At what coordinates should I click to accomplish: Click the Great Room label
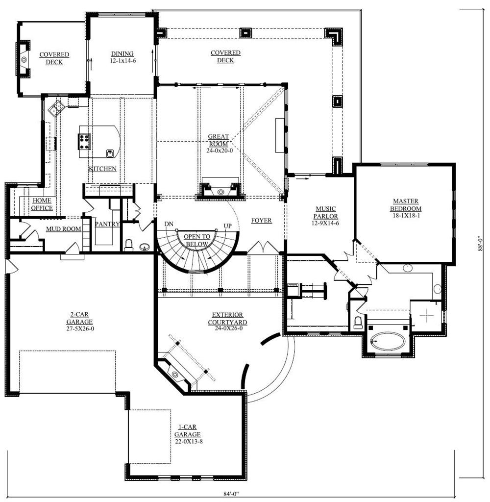[219, 140]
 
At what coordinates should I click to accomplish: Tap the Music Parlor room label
[325, 213]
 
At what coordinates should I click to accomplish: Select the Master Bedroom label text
[406, 205]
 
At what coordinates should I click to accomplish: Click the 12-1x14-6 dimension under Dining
[123, 60]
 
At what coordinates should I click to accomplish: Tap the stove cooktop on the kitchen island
[85, 142]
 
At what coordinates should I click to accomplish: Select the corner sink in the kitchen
[56, 107]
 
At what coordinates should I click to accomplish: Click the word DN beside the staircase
[169, 224]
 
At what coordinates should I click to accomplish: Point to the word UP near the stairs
[227, 226]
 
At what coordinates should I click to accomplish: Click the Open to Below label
[197, 240]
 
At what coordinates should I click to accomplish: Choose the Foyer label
[262, 220]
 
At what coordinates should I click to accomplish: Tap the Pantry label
[107, 224]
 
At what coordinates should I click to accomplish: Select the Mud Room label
[63, 229]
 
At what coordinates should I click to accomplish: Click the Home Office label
[42, 204]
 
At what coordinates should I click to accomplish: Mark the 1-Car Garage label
[188, 430]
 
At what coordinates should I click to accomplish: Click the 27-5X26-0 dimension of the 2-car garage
[80, 328]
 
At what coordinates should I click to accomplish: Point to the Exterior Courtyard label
[227, 319]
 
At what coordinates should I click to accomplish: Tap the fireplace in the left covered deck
[24, 59]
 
